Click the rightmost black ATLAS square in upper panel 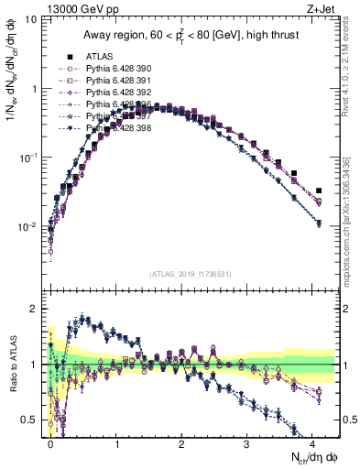(319, 191)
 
